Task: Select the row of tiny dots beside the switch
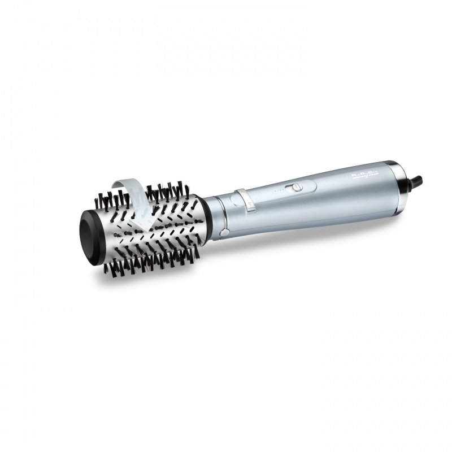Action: click(275, 192)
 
